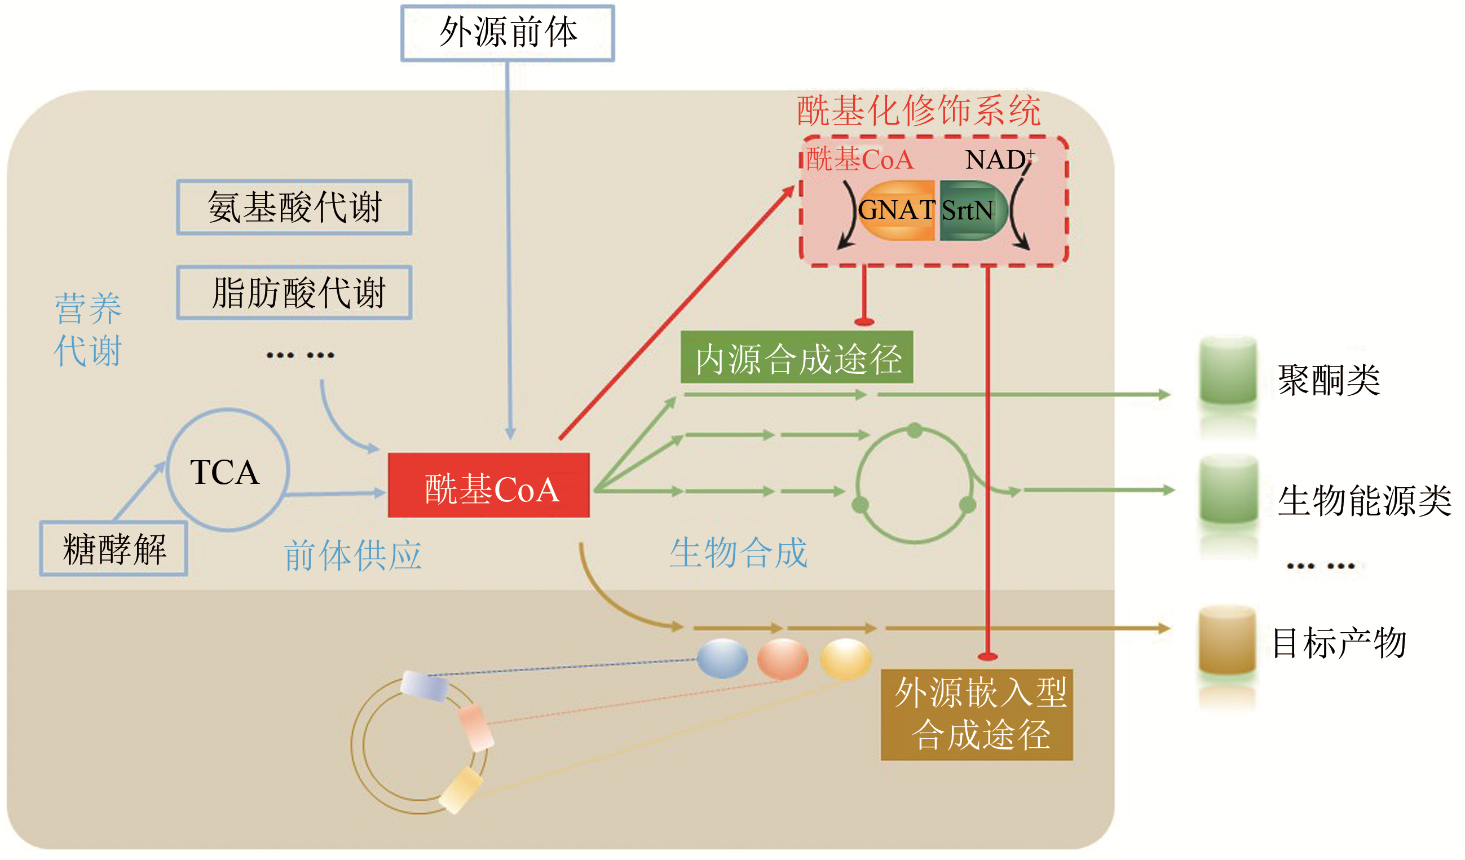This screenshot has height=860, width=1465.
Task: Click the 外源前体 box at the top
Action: (508, 33)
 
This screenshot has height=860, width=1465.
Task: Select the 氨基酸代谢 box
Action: (294, 208)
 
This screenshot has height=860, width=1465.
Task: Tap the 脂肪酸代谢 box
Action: (294, 293)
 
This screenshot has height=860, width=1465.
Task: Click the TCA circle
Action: (227, 470)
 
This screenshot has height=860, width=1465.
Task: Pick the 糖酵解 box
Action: (114, 549)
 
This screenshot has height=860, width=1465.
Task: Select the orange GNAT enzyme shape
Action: (897, 210)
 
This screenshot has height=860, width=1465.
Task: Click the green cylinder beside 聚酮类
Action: (1228, 371)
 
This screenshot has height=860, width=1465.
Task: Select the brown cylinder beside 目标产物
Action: (1227, 640)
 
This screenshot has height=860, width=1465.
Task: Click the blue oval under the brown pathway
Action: (722, 659)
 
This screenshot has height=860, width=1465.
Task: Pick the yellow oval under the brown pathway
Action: (846, 659)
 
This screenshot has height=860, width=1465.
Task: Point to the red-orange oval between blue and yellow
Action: (783, 659)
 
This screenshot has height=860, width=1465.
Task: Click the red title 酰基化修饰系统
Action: (919, 111)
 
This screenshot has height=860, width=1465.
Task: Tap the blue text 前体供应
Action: (353, 555)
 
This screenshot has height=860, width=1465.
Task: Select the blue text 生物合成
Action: (739, 553)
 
